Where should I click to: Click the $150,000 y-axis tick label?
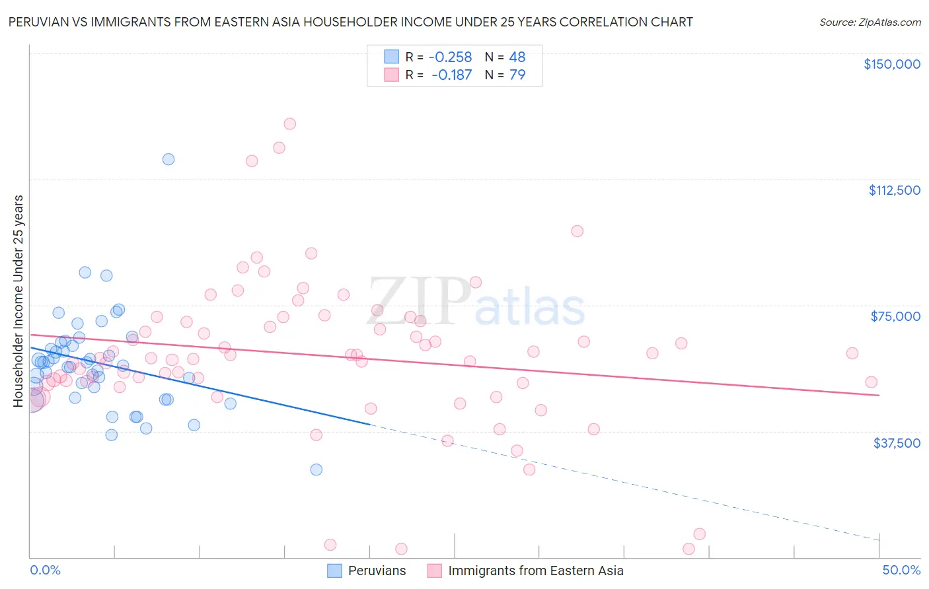pos(891,64)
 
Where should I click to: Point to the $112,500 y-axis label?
pos(894,190)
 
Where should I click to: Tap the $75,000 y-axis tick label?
pos(895,316)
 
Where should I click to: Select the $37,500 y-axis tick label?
pos(897,443)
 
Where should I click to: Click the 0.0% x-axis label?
pos(45,570)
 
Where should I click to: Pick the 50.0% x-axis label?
pos(901,570)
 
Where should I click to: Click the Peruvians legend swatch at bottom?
pos(335,571)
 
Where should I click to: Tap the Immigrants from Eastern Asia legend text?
pos(535,571)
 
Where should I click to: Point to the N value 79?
pos(517,75)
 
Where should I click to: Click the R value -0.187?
pos(451,75)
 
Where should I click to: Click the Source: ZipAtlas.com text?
pos(870,22)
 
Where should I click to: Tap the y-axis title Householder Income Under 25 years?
pos(19,300)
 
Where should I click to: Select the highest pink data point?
pos(289,123)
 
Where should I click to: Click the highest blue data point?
pos(168,159)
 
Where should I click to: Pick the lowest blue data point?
pos(316,469)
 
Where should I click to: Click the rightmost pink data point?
pos(872,382)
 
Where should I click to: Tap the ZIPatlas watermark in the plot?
pos(476,302)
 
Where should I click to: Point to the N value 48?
pos(517,57)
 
